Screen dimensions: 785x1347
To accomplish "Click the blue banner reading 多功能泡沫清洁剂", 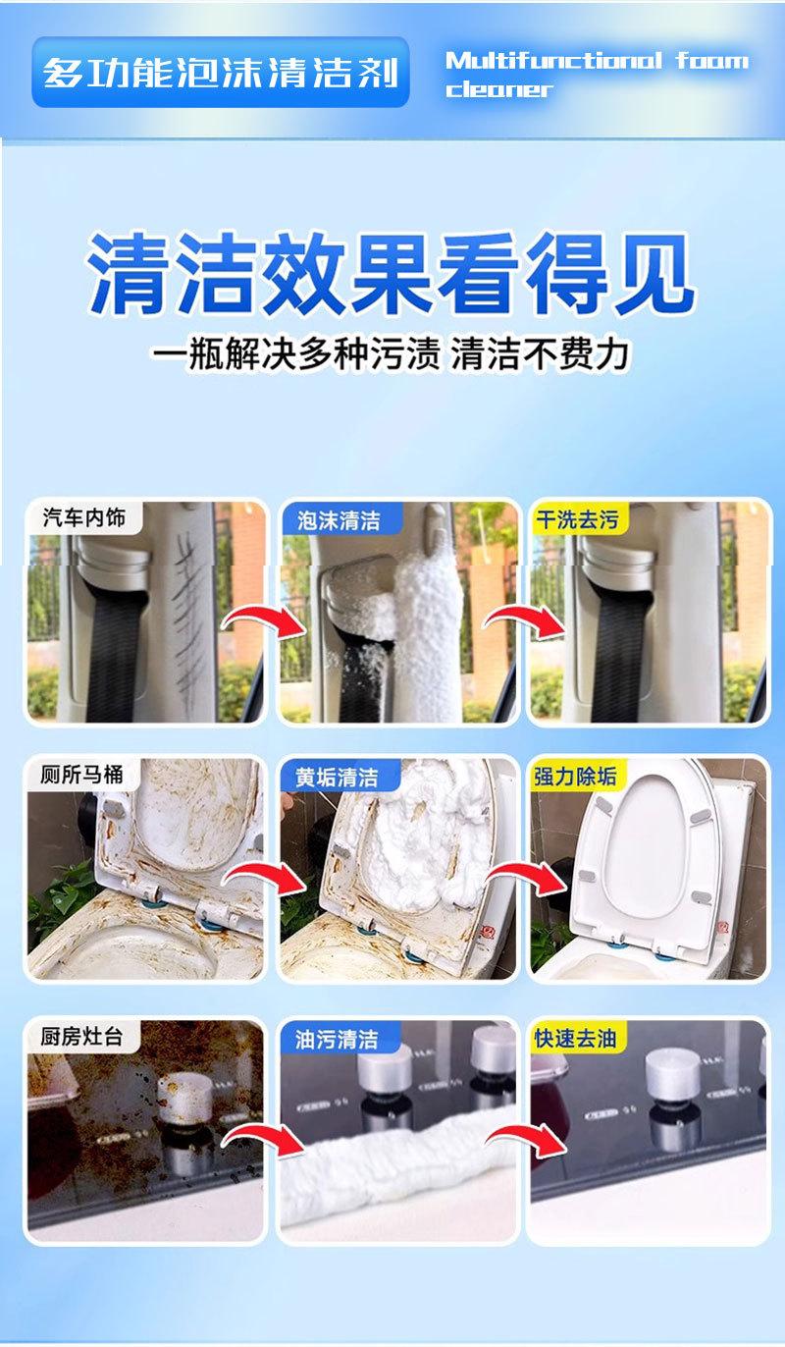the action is pos(221,73).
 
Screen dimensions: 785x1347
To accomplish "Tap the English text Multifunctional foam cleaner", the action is pos(597,75).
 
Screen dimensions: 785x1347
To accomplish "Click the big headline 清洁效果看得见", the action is pos(391,274).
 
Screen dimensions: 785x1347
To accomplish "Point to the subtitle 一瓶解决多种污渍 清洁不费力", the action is pos(391,354).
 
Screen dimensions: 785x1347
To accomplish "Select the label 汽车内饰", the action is pos(84,517).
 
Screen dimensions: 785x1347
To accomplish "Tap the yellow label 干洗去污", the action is pos(577,519).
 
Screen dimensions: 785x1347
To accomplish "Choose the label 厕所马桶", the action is pos(81,774).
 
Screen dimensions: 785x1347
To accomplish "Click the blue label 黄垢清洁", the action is pos(338,777).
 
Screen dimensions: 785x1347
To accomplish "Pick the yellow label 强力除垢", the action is pos(575,776).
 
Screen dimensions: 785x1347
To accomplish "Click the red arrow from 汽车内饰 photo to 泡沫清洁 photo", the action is pos(265,622).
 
